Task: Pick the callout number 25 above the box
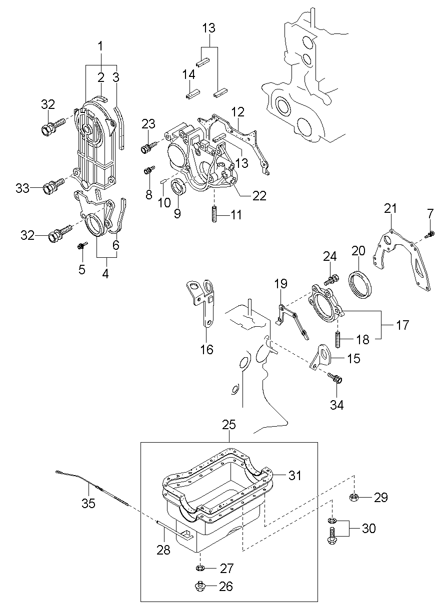tap(229, 425)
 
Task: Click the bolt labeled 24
tap(331, 279)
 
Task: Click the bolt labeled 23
tap(148, 147)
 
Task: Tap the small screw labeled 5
tap(82, 246)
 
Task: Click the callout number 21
tap(390, 209)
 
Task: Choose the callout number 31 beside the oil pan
tap(295, 475)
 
